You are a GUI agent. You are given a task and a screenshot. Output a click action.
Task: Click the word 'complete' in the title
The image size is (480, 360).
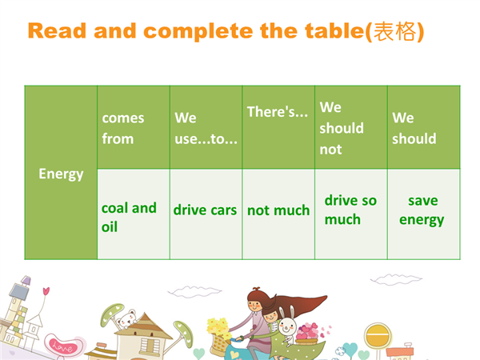coord(198,32)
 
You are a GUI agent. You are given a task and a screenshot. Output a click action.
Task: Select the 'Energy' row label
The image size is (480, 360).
coord(61,174)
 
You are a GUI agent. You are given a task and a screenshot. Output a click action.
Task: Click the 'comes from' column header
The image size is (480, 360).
coord(122,128)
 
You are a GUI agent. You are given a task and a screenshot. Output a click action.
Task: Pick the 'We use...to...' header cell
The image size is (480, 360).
coord(206,128)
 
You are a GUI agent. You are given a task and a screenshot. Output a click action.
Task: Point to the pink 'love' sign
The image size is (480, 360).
coord(62,346)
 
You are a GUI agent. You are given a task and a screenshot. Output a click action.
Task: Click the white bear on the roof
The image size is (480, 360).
coord(126,319)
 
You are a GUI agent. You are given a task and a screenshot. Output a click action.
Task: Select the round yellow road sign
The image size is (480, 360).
coord(378,335)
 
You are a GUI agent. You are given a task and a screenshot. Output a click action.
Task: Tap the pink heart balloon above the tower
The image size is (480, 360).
coord(46,291)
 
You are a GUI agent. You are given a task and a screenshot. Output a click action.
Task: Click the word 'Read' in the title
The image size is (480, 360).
coord(57,31)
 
